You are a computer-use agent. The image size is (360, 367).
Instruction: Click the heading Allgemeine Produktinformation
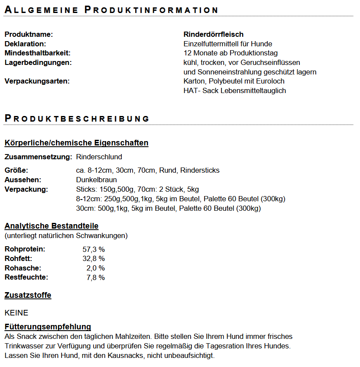click(111, 10)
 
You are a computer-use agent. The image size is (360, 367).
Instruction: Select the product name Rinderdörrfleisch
click(214, 34)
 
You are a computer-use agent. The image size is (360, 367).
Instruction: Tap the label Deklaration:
click(25, 44)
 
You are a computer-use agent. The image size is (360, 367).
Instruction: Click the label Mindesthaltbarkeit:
click(37, 53)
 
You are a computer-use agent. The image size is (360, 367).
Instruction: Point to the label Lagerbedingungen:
click(38, 63)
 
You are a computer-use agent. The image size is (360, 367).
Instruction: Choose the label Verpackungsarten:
click(37, 81)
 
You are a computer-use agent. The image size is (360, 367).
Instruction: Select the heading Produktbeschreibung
click(77, 118)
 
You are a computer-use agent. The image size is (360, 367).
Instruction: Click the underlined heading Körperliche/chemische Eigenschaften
click(76, 143)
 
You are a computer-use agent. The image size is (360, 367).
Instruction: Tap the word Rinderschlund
click(99, 157)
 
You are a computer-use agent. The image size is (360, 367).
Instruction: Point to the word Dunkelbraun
click(96, 180)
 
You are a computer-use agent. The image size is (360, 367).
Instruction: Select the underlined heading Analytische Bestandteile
click(52, 226)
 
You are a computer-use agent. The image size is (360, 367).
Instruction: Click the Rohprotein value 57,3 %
click(94, 249)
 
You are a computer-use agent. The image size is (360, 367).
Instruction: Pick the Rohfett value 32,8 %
click(94, 259)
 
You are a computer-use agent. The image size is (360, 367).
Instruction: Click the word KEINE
click(16, 313)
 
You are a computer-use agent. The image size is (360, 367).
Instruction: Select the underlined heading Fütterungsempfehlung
click(48, 327)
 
